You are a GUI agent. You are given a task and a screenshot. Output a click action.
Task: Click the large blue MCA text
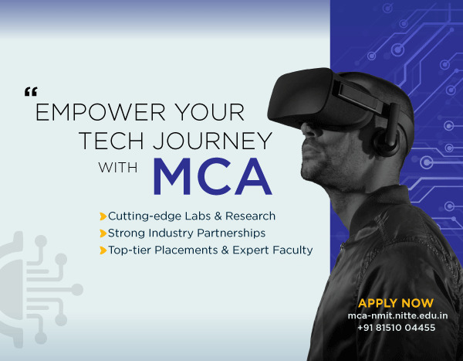click(211, 177)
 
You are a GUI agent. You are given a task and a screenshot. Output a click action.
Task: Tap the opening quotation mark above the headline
click(31, 92)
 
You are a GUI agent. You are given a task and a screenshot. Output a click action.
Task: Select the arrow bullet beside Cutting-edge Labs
click(103, 216)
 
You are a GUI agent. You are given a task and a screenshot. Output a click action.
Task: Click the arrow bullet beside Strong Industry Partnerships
click(103, 233)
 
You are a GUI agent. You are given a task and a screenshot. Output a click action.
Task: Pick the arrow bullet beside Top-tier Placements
click(103, 250)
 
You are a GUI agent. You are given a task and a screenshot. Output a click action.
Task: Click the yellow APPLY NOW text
click(396, 303)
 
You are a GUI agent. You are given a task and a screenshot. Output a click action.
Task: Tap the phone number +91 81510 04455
click(396, 328)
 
